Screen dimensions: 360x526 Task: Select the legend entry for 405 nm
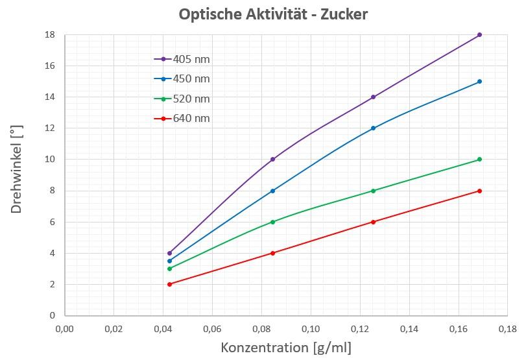[x=191, y=59]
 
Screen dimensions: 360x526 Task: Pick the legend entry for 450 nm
[x=191, y=79]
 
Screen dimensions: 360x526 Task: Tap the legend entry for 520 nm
[x=191, y=99]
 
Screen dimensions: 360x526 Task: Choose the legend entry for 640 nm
[x=191, y=119]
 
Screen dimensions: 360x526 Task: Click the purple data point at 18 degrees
[x=479, y=34]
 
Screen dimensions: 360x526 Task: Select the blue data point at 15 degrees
[x=479, y=81]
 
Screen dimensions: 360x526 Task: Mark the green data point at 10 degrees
[x=479, y=160]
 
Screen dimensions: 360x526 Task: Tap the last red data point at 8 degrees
[x=479, y=191]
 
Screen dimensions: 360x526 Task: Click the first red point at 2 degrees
[x=169, y=284]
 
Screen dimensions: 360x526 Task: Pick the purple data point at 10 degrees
[x=272, y=160]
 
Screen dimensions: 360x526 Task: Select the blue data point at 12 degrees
[x=373, y=128]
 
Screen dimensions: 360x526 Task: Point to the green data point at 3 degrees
[x=169, y=269]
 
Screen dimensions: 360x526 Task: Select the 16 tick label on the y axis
[x=49, y=66]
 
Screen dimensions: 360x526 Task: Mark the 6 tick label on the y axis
[x=52, y=222]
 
